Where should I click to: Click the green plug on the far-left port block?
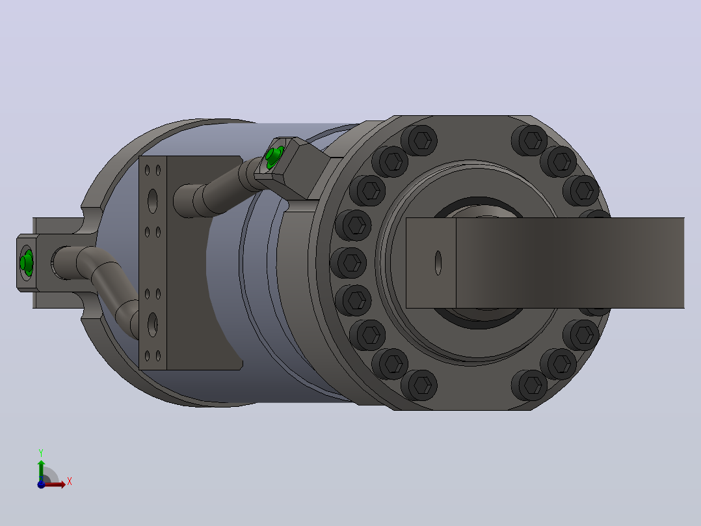click(x=27, y=262)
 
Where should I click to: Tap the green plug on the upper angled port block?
click(x=274, y=156)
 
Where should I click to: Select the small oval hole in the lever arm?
click(x=438, y=263)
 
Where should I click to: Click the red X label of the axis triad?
click(x=70, y=482)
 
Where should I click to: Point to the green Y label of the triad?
click(x=41, y=452)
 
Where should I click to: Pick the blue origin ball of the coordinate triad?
click(x=41, y=484)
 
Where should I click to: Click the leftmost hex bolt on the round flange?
click(x=349, y=263)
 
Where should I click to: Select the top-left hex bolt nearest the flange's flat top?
click(x=419, y=141)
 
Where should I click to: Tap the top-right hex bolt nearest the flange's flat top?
click(x=529, y=141)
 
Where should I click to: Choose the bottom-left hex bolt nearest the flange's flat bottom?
click(x=419, y=385)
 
